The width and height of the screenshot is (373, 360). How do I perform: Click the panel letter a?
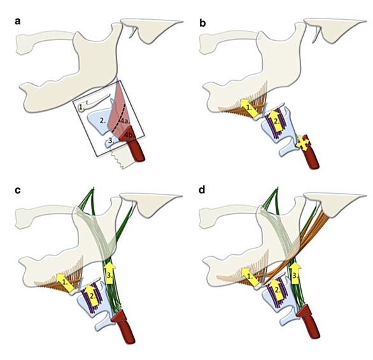18,22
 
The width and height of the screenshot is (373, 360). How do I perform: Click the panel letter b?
202,23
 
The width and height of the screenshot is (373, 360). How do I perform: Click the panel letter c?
18,191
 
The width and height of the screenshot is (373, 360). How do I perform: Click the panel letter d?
202,191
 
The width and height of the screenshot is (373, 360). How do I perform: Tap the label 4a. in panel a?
124,121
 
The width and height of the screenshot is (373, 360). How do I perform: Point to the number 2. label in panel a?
102,120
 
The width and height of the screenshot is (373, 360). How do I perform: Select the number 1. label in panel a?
81,108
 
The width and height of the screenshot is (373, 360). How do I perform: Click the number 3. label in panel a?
111,140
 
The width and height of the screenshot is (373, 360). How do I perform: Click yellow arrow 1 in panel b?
249,108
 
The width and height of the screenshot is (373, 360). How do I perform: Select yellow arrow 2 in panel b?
275,120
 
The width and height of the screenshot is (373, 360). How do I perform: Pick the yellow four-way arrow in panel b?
302,143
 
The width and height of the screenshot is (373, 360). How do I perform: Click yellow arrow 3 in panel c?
109,273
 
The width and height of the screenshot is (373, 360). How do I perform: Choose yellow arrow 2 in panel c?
92,294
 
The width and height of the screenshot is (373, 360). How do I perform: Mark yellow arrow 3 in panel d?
295,273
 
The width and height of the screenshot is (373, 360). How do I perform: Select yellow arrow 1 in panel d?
251,277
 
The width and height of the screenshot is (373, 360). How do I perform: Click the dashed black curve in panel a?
118,118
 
